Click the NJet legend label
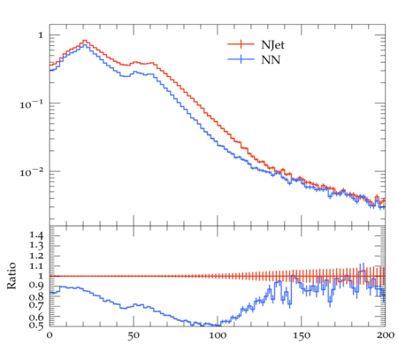[x=272, y=45]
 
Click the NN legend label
[x=271, y=60]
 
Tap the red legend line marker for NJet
[x=241, y=44]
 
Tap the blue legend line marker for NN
[x=241, y=59]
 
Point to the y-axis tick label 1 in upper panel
[x=41, y=35]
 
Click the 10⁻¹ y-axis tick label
[x=32, y=103]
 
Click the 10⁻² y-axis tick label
[x=32, y=172]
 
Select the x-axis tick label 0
[x=50, y=335]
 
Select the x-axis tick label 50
[x=134, y=335]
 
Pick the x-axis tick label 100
[x=218, y=335]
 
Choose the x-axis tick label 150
[x=302, y=335]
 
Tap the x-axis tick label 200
[x=386, y=335]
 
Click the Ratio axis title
[x=11, y=275]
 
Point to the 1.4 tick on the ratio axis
[x=36, y=235]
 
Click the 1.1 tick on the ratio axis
[x=36, y=266]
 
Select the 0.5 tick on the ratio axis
[x=36, y=326]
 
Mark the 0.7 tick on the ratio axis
[x=36, y=305]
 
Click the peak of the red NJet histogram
[x=85, y=40]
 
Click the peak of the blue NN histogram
[x=85, y=44]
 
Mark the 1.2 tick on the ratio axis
[x=36, y=256]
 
